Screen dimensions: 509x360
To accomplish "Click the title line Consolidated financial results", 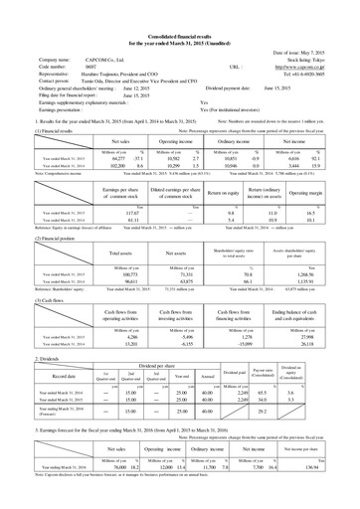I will (x=180, y=7).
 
